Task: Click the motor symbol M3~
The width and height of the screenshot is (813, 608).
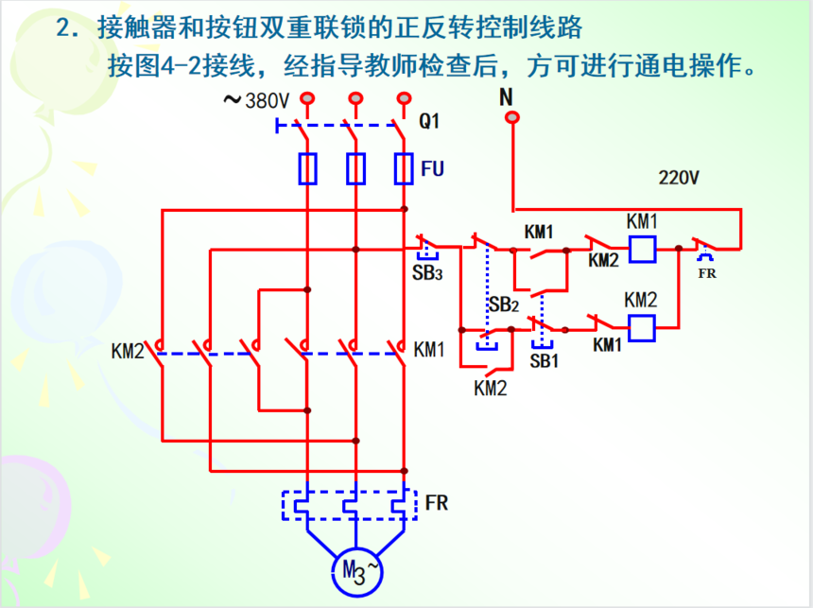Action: coord(356,569)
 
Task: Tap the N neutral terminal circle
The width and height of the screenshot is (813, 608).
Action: coord(512,117)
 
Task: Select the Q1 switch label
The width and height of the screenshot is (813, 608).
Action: coord(430,121)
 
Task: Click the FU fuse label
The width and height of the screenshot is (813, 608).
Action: coord(433,168)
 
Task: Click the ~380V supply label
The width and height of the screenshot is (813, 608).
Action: coord(256,100)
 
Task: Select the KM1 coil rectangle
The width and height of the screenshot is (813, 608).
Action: coord(643,249)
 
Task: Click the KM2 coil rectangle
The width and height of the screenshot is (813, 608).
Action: coord(642,327)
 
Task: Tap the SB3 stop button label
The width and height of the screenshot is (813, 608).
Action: coord(426,272)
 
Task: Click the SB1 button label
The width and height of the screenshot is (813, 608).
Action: coord(545,360)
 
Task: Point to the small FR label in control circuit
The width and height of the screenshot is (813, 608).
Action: coord(706,274)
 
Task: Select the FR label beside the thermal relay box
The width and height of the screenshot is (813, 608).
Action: coord(437,502)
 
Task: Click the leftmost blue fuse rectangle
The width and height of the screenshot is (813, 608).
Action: coord(307,168)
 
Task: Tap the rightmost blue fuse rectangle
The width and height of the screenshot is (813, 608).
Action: coord(404,168)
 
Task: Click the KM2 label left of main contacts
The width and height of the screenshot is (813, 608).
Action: coord(128,351)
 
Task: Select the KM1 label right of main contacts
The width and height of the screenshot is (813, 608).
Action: coord(429,350)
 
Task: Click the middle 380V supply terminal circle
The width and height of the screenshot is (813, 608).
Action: coord(355,97)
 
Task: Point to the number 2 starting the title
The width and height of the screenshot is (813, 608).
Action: coord(63,27)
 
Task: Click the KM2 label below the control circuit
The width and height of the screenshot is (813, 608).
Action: coord(491,388)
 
